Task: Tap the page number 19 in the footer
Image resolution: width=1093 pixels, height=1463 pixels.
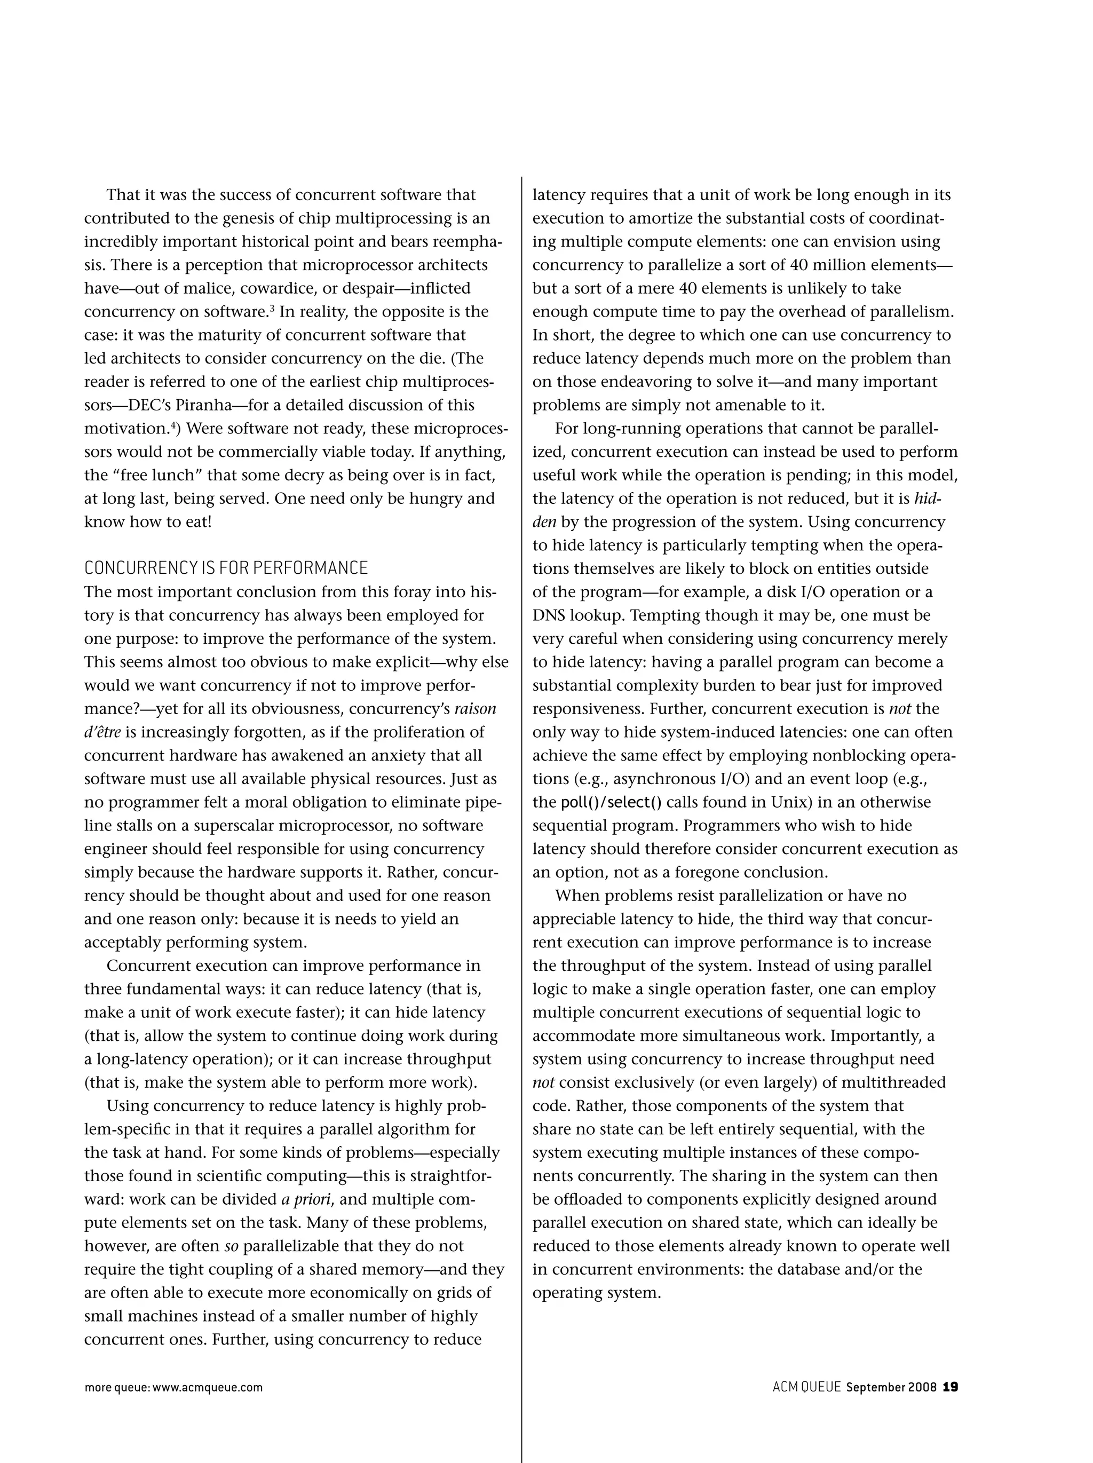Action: [950, 1387]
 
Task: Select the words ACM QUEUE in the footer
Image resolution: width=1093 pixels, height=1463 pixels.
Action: [806, 1387]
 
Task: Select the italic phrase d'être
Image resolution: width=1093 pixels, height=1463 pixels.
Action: [102, 732]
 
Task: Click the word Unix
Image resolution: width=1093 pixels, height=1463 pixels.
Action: [791, 802]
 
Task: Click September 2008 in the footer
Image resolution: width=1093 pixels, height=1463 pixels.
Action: [891, 1387]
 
